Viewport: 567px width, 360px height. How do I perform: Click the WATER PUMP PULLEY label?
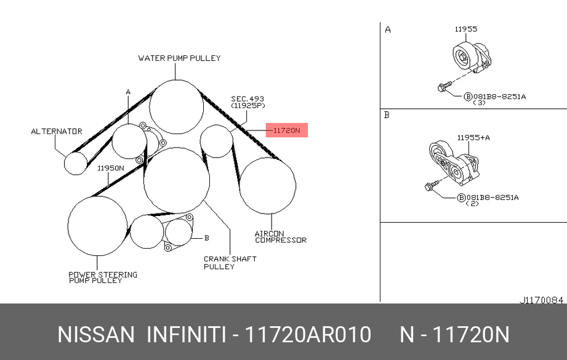pyautogui.click(x=179, y=58)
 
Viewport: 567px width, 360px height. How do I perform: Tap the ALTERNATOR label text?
pyautogui.click(x=57, y=131)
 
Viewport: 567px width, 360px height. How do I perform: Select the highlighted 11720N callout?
pyautogui.click(x=287, y=130)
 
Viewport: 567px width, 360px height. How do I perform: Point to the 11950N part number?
pyautogui.click(x=111, y=168)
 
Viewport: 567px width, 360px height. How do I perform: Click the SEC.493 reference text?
pyautogui.click(x=247, y=98)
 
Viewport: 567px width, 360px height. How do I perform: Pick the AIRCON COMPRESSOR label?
pyautogui.click(x=281, y=237)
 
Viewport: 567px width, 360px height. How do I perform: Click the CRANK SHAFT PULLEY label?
pyautogui.click(x=230, y=263)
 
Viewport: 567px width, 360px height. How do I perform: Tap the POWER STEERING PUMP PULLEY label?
pyautogui.click(x=103, y=277)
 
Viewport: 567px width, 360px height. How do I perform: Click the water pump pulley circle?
pyautogui.click(x=177, y=80)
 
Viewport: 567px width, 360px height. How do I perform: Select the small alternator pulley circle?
pyautogui.click(x=76, y=152)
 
